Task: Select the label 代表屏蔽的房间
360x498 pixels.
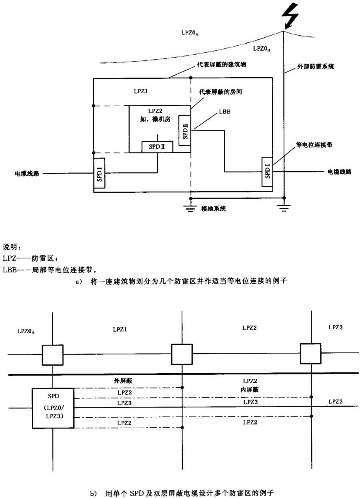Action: pyautogui.click(x=221, y=92)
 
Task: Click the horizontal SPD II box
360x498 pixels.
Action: pyautogui.click(x=157, y=147)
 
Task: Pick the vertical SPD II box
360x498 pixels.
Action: pyautogui.click(x=185, y=130)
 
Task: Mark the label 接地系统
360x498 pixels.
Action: pyautogui.click(x=214, y=209)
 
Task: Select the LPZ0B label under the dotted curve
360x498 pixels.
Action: pyautogui.click(x=262, y=49)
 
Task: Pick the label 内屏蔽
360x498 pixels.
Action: pyautogui.click(x=250, y=389)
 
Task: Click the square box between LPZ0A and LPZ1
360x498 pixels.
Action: pyautogui.click(x=53, y=354)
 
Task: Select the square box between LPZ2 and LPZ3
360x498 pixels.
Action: pyautogui.click(x=310, y=354)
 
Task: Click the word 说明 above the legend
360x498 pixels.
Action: pyautogui.click(x=11, y=245)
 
